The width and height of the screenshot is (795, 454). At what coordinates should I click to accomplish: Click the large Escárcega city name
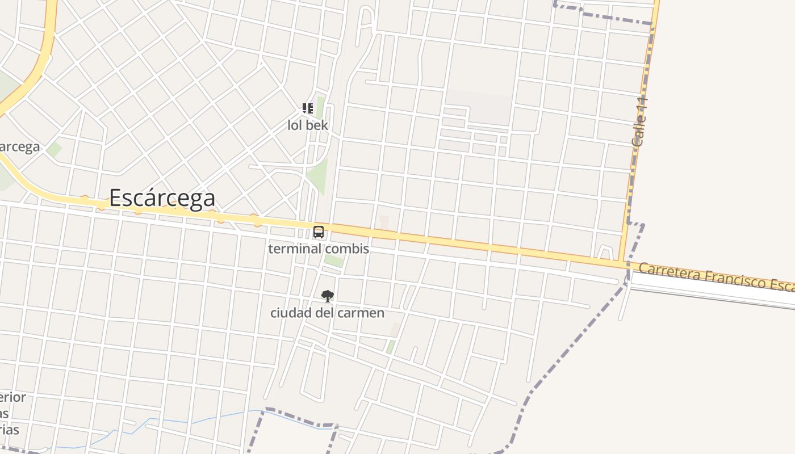162,198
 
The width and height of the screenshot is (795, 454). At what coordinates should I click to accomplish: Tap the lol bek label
308,125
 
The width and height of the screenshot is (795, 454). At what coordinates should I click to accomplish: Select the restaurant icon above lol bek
308,108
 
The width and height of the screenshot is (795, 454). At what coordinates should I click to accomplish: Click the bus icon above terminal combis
319,232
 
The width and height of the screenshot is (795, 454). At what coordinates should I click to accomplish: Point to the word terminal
291,249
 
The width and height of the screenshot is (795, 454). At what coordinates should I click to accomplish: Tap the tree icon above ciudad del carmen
327,296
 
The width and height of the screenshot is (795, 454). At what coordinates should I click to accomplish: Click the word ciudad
287,313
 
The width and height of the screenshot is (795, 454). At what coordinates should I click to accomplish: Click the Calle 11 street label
639,122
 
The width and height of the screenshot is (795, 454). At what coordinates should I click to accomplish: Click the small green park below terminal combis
334,261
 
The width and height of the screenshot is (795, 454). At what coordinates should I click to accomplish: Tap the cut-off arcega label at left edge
20,146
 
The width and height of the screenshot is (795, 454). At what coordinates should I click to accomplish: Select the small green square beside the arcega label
54,149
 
